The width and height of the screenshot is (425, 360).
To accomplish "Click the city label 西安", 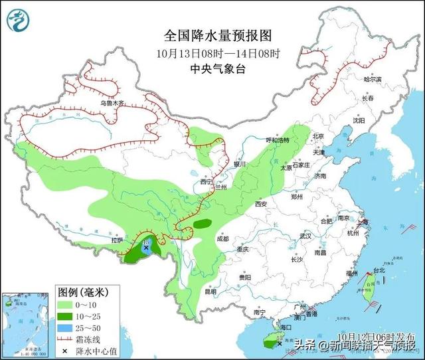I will click(x=261, y=204).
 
